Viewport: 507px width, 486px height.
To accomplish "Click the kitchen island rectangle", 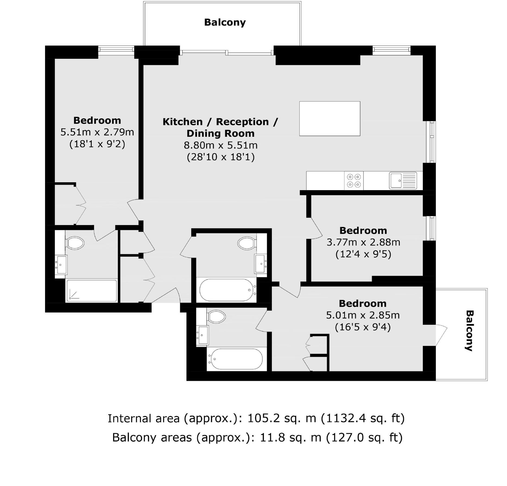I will pos(329,119).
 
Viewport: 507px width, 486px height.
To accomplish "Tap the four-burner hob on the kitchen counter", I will pos(354,181).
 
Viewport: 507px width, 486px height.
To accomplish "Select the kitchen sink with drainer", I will pos(403,181).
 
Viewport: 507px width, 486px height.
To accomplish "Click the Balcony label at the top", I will pos(225,22).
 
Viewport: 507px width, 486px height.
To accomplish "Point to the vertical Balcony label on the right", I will pos(469,331).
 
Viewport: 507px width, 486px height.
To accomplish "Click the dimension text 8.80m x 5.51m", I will pos(221,145).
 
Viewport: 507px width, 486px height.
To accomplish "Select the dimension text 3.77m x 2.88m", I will pos(363,242).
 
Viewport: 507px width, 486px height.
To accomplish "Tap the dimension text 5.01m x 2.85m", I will pos(363,315).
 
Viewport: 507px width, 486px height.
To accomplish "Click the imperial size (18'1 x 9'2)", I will pos(97,144).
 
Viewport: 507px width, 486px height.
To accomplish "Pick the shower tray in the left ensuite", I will pos(92,291).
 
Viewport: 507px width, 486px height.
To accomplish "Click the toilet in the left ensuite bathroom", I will pos(75,243).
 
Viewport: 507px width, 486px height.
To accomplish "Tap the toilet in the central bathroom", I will pos(246,243).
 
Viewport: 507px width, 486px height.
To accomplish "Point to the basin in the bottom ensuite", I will pos(202,336).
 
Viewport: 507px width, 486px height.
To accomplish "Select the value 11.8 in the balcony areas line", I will pos(270,438).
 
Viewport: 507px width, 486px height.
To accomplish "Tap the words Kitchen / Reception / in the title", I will pos(220,122).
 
